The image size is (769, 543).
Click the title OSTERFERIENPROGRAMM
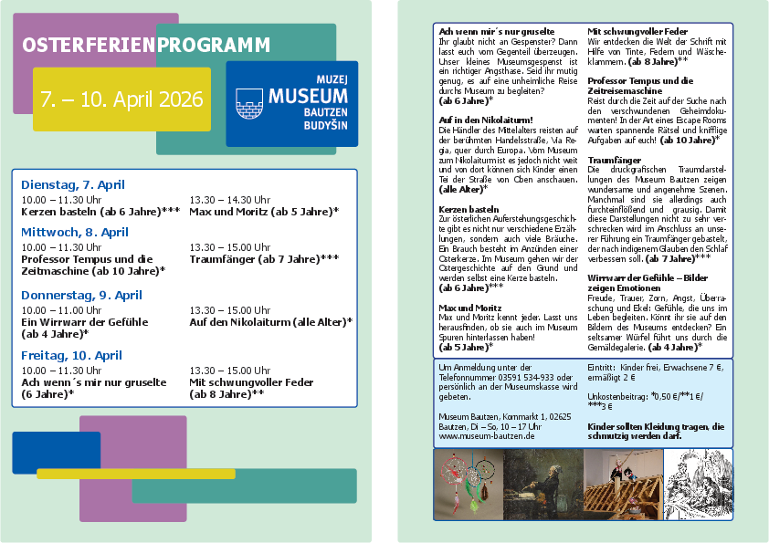click(146, 45)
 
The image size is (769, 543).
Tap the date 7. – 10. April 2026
click(121, 99)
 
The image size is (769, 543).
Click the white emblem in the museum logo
click(248, 103)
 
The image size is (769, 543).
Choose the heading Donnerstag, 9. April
click(81, 295)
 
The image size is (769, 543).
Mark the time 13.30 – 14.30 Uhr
click(229, 199)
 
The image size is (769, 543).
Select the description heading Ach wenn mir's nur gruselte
click(483, 31)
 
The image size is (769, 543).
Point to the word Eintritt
click(603, 366)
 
